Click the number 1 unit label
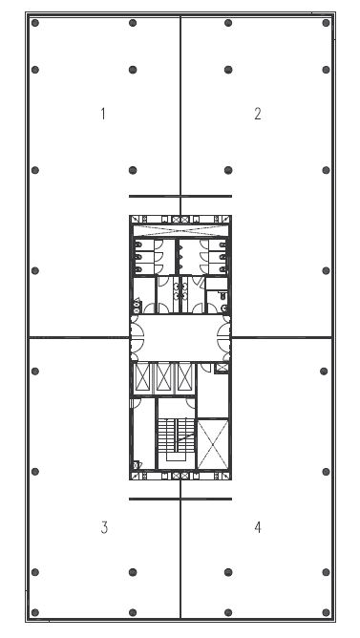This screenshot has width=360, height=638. point(103,114)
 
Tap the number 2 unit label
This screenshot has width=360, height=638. point(258,114)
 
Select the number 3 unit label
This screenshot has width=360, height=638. point(104,527)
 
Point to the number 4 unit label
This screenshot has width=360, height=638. point(258,527)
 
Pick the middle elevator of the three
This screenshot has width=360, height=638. point(163,377)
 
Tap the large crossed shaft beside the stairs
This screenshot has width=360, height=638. point(212,443)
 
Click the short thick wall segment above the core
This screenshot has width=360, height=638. point(180,196)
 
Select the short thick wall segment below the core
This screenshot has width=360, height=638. point(180,499)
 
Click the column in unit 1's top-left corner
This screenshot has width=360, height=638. point(35,23)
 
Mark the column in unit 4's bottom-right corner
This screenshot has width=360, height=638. point(326,612)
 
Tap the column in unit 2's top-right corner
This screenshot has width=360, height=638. point(326,23)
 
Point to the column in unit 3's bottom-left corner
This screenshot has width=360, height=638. point(35,612)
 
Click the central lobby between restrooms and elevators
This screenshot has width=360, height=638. point(180,337)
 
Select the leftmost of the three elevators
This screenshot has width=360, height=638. point(142,377)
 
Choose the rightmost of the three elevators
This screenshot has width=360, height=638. point(184,377)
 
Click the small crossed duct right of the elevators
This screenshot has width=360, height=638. point(222,368)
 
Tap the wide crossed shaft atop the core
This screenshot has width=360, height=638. point(180,230)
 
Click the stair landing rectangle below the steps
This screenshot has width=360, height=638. point(176,457)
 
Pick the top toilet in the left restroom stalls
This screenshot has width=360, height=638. point(138,245)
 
